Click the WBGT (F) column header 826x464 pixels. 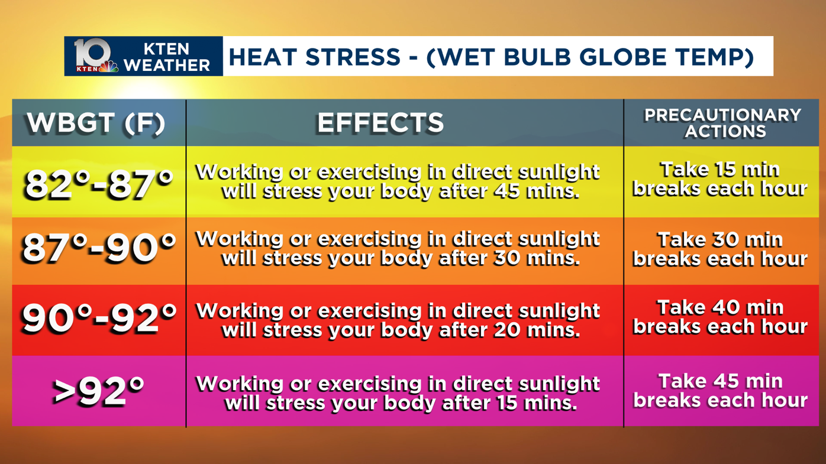(x=96, y=123)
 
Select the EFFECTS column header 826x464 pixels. (x=380, y=123)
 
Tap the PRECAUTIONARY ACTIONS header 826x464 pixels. (x=722, y=123)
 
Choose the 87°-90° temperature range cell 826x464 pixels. (x=99, y=248)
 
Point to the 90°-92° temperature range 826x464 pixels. (x=99, y=319)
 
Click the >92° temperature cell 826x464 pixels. (x=99, y=391)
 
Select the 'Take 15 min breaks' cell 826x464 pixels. (x=720, y=179)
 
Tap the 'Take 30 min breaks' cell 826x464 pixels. (x=720, y=249)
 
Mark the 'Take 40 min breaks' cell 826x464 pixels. (x=720, y=317)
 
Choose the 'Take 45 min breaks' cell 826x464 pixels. (x=720, y=390)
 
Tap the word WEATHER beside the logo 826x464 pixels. (x=167, y=65)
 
